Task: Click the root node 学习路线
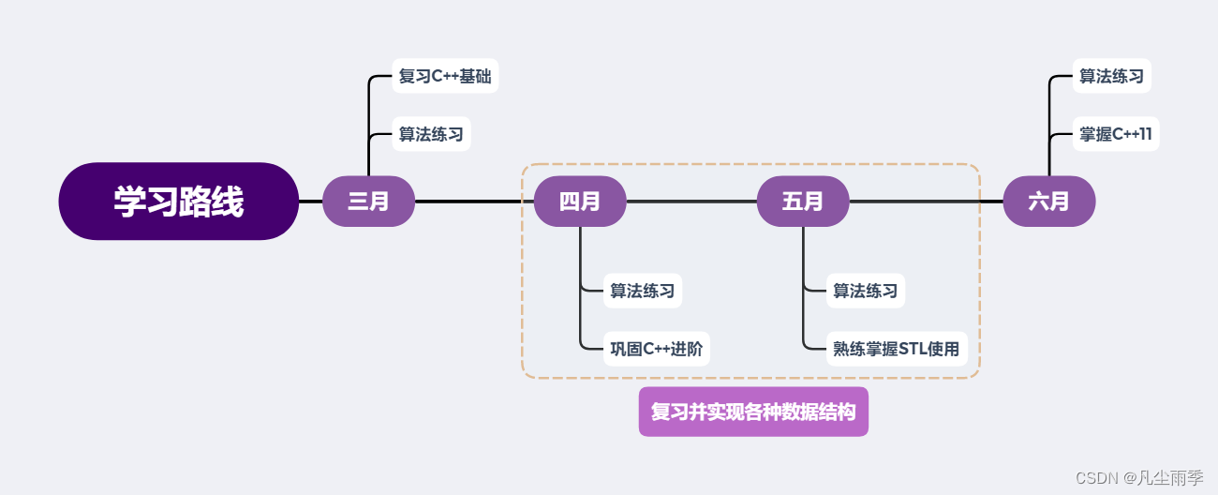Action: [x=178, y=202]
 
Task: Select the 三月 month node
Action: [x=368, y=202]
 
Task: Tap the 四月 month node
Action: [x=580, y=202]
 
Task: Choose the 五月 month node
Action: [x=803, y=202]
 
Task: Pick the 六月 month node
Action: [x=1048, y=202]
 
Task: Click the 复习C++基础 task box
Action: [x=445, y=76]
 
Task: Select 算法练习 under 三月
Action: [x=431, y=134]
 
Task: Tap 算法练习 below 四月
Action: [x=642, y=291]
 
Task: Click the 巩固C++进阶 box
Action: [x=656, y=349]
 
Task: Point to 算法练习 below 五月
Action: [x=865, y=291]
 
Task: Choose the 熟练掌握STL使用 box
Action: [x=897, y=349]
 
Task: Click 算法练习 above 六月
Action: [x=1111, y=76]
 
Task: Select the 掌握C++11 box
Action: [x=1116, y=134]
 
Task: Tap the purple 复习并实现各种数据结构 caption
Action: [x=753, y=412]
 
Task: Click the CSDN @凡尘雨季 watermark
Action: [x=1139, y=477]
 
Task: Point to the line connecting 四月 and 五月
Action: [x=691, y=202]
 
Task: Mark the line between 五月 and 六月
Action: [x=926, y=202]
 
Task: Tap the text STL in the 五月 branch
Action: [x=912, y=350]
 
